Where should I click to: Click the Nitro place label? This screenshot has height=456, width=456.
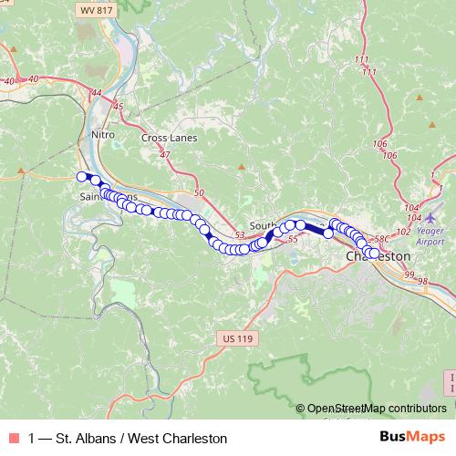click(x=104, y=134)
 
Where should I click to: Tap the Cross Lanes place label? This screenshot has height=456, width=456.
click(x=169, y=138)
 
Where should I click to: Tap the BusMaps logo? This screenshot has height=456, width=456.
click(x=412, y=438)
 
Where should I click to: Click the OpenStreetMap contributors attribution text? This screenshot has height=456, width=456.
click(x=377, y=409)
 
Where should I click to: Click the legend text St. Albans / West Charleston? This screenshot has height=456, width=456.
click(x=128, y=439)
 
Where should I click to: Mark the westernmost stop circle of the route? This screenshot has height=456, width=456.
click(x=82, y=177)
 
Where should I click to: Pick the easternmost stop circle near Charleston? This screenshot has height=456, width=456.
click(x=374, y=254)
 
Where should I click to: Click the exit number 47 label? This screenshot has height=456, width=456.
click(x=165, y=156)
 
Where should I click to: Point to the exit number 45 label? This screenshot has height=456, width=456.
click(x=117, y=107)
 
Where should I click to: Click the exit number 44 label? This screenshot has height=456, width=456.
click(x=96, y=92)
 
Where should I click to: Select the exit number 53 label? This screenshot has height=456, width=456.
click(x=241, y=234)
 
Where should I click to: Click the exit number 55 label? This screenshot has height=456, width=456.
click(x=293, y=239)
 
